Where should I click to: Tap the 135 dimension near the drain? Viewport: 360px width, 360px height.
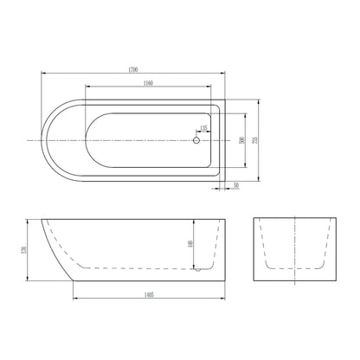tap(203, 129)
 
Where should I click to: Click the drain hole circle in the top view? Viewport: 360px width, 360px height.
tap(196, 139)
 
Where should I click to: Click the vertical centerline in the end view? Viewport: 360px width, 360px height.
tap(293, 251)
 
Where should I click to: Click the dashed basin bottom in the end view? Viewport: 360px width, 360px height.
tap(293, 269)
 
